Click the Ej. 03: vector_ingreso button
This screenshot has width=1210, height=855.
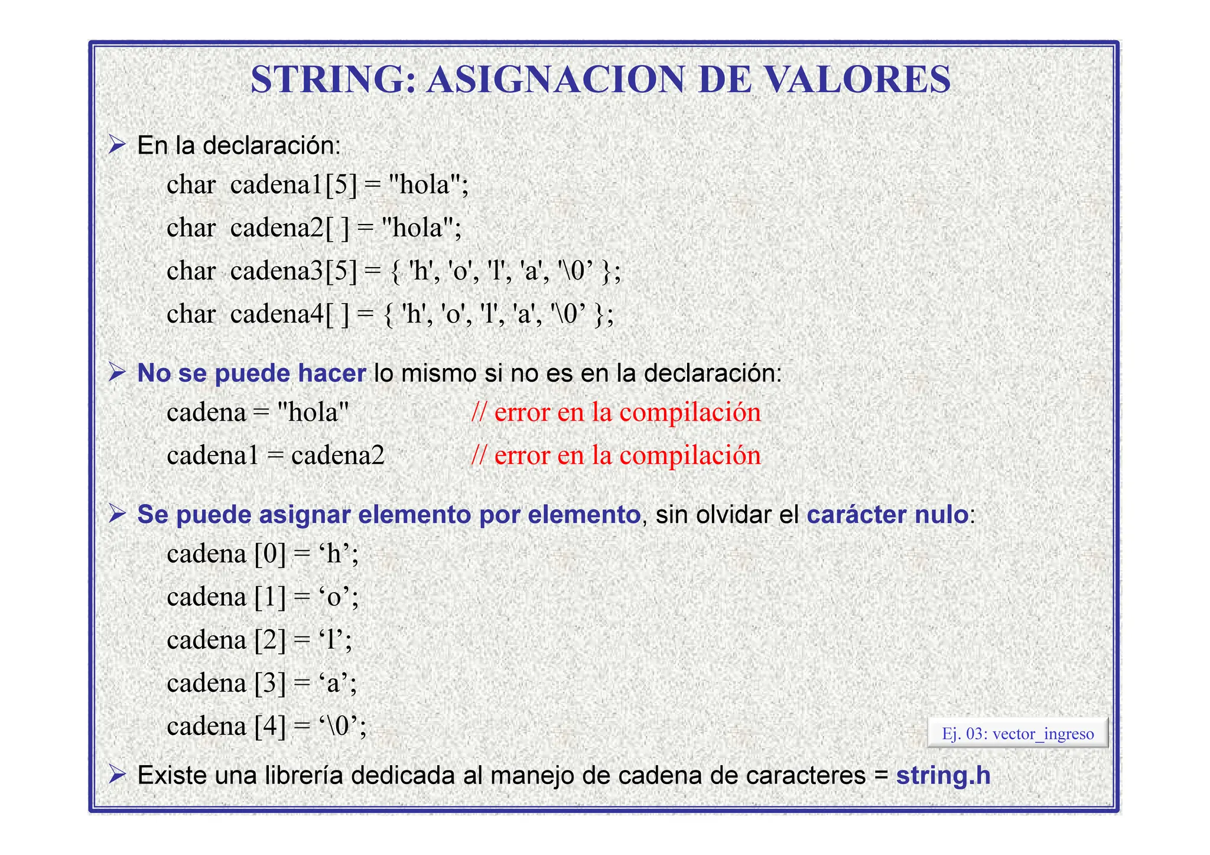click(1017, 734)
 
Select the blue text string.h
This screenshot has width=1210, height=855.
click(943, 775)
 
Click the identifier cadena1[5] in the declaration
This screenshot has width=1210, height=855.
click(294, 185)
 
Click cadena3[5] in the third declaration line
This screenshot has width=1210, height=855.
click(294, 271)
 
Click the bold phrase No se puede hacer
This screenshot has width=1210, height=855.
click(251, 373)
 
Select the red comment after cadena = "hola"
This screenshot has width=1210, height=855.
click(616, 412)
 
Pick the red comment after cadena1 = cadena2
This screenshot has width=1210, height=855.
click(616, 456)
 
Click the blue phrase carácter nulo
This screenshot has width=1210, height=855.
click(887, 515)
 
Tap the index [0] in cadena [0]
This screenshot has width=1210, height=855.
click(270, 554)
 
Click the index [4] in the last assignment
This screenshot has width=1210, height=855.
click(270, 726)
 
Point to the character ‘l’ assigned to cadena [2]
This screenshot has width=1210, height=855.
click(331, 640)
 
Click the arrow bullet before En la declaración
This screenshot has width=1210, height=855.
click(118, 144)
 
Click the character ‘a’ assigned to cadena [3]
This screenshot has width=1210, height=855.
click(334, 683)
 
